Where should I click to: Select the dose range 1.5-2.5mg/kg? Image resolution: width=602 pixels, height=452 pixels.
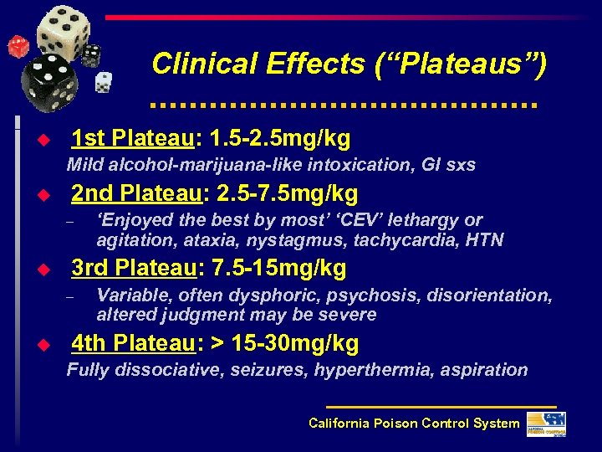[282, 138]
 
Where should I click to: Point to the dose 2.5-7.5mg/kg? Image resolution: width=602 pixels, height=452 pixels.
[287, 194]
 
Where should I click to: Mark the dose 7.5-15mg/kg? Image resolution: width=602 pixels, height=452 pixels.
[280, 268]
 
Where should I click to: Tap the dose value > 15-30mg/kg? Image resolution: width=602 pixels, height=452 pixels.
[287, 342]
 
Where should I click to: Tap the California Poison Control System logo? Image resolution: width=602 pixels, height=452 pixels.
[548, 424]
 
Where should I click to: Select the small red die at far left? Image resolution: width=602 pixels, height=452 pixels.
[16, 45]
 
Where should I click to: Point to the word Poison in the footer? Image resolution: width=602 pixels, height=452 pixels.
[397, 424]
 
